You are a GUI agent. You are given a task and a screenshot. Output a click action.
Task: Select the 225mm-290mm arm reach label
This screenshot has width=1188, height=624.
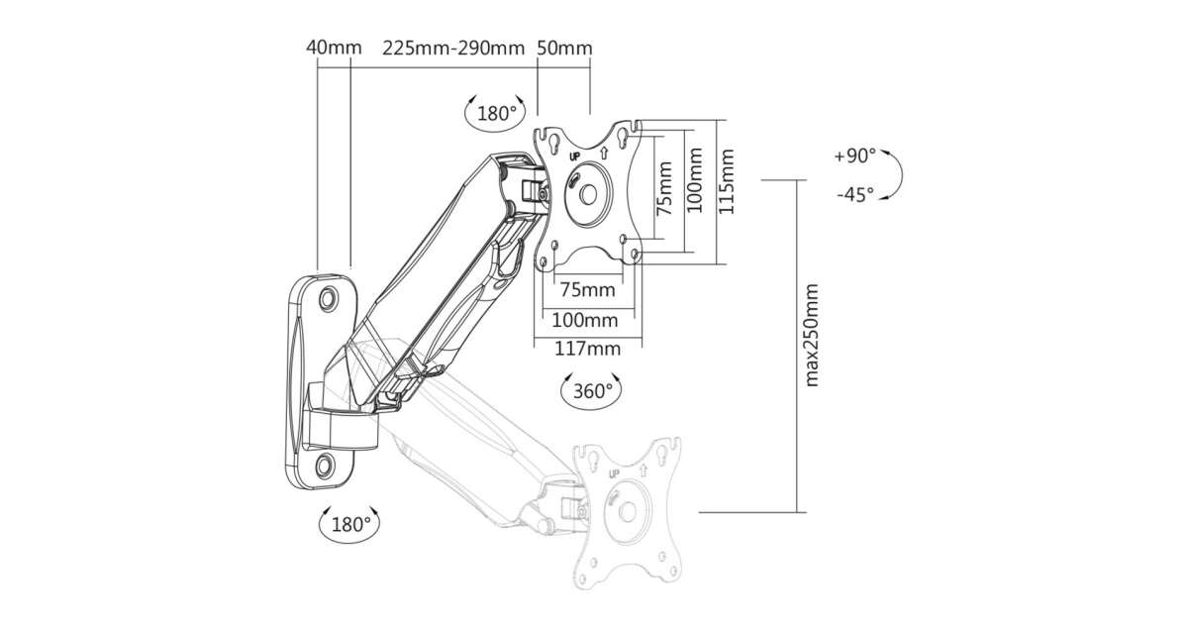(x=452, y=48)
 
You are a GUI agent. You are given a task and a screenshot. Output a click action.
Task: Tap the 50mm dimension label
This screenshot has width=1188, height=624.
(x=564, y=48)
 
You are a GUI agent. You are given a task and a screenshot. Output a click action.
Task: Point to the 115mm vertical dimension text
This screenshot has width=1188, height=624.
(x=729, y=189)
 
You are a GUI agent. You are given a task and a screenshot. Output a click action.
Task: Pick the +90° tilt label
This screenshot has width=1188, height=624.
(x=855, y=156)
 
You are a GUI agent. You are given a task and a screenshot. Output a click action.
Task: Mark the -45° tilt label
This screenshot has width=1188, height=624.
(x=855, y=195)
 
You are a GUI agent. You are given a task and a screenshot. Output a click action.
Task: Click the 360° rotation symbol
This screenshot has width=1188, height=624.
(x=592, y=390)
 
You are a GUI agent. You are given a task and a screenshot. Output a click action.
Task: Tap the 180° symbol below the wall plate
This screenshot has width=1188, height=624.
(x=347, y=522)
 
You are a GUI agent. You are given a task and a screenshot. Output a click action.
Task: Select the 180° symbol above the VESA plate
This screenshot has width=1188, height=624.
(x=495, y=113)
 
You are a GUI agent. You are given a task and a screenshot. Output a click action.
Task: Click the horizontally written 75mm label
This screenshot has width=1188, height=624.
(x=587, y=290)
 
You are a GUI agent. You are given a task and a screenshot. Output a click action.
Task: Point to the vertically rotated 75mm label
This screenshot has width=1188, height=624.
(x=665, y=189)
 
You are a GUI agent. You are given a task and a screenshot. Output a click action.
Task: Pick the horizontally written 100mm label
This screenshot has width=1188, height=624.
(x=585, y=320)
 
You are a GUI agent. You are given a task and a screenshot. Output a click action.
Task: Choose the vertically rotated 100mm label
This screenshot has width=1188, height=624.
(x=696, y=189)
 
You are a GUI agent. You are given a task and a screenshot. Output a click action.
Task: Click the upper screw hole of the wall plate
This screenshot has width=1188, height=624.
(x=328, y=296)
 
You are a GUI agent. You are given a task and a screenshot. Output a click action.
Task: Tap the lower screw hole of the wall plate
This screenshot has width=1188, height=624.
(x=326, y=464)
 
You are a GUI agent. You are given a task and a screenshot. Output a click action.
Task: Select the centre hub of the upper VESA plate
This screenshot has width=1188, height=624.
(x=586, y=191)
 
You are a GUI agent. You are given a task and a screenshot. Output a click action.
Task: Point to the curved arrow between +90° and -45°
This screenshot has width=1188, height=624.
(x=895, y=175)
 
